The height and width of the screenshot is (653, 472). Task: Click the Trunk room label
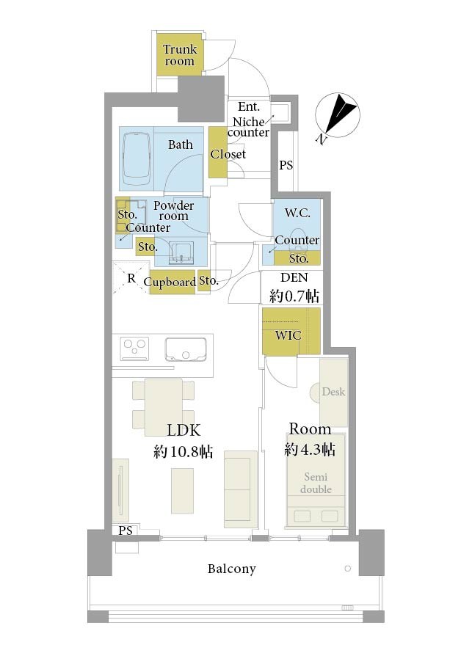click(x=180, y=55)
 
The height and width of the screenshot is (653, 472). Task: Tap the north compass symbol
click(x=337, y=115)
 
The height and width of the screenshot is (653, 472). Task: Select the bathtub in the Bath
click(x=137, y=158)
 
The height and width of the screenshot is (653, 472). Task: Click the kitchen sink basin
click(x=186, y=349)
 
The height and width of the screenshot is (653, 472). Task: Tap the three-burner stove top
click(x=134, y=349)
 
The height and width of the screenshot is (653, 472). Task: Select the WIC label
click(x=288, y=335)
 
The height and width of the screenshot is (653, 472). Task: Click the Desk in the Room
click(x=334, y=392)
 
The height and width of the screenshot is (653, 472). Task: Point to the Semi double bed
click(x=316, y=481)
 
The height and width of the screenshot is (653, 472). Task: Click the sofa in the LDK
click(x=241, y=489)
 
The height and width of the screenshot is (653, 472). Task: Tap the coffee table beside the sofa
click(x=183, y=491)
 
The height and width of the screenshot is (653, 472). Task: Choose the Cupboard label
click(x=170, y=282)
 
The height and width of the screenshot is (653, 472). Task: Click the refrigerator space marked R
click(x=131, y=278)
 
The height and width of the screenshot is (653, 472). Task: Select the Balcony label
click(x=232, y=569)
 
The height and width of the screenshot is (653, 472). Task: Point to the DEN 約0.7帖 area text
click(x=294, y=288)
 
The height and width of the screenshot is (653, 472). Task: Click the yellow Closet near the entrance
click(x=218, y=152)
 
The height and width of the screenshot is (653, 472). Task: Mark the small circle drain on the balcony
click(x=347, y=568)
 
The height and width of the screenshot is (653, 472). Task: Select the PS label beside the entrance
click(x=286, y=165)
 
